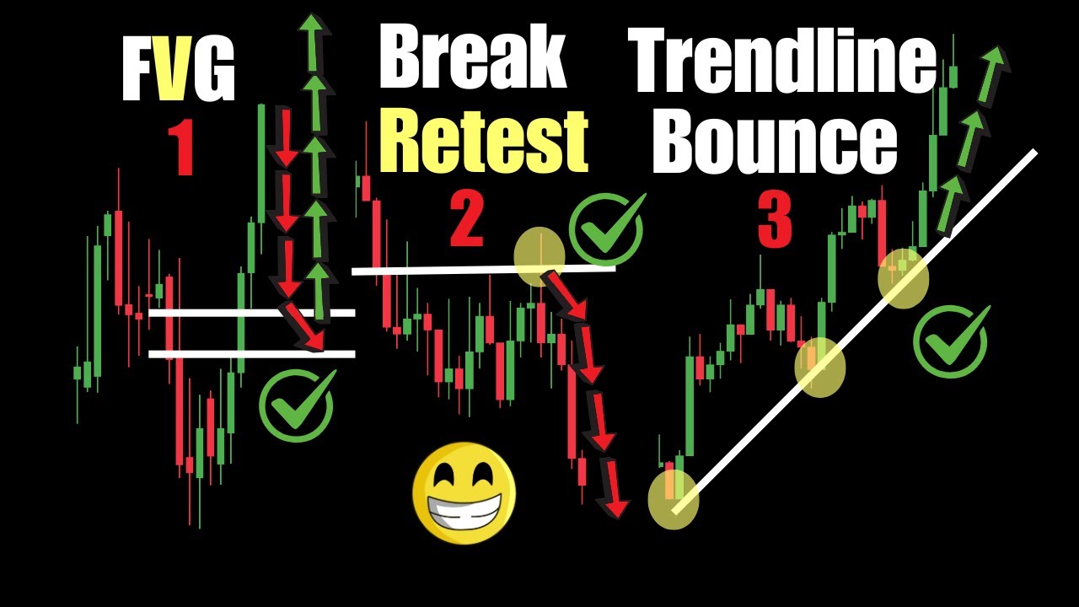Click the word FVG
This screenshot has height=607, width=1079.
178,71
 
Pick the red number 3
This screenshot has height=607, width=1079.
774,221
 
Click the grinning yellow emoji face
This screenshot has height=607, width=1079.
464,493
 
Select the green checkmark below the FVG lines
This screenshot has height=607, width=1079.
297,405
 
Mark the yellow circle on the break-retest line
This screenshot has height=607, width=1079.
539,256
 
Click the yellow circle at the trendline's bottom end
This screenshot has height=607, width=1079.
673,499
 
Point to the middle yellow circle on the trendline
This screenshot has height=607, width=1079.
819,366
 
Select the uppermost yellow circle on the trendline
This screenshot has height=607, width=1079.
904,277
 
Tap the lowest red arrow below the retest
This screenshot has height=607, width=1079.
613,489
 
